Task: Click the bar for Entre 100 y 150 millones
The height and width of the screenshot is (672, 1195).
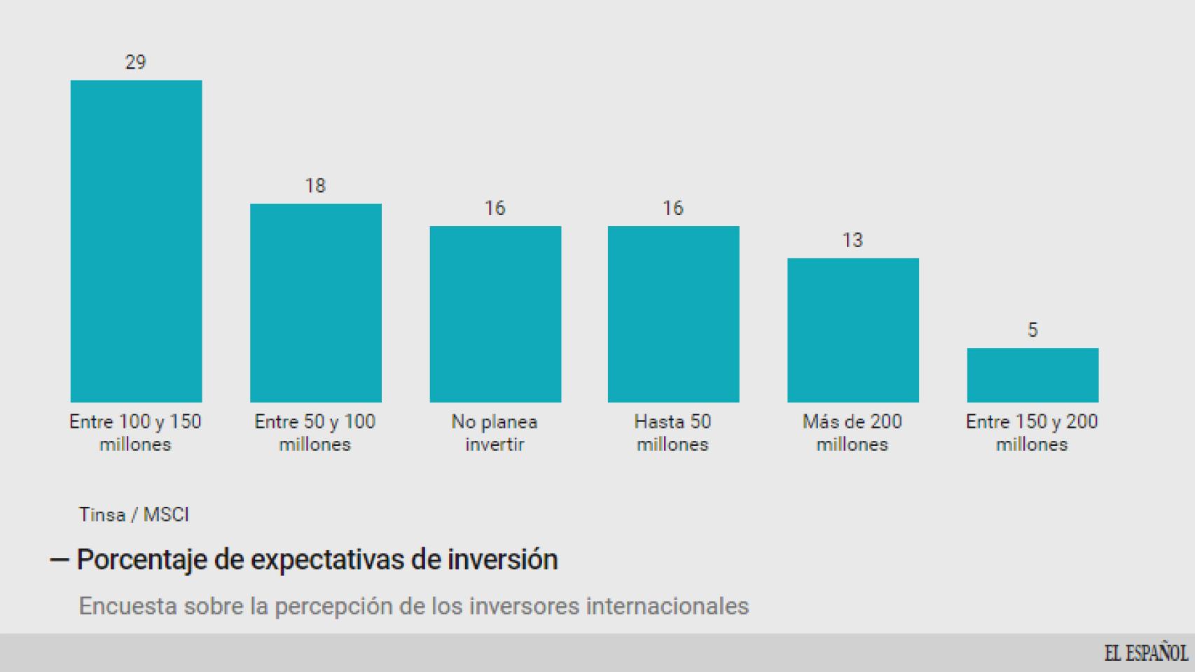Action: (136, 241)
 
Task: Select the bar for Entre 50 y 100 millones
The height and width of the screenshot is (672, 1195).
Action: (315, 302)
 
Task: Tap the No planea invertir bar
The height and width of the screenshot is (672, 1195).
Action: (495, 314)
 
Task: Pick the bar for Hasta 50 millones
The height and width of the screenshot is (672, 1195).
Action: (673, 314)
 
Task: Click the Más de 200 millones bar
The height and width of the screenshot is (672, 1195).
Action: (852, 330)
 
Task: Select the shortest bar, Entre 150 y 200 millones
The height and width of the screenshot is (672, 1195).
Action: (1032, 374)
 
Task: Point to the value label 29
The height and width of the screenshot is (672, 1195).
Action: (135, 62)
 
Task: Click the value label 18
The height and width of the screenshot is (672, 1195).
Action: (315, 185)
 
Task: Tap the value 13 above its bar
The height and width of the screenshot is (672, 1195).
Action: (852, 240)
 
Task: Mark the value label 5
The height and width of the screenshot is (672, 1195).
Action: (1032, 330)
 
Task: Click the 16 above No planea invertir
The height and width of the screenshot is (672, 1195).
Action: (495, 208)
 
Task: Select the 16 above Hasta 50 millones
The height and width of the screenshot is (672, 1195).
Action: (672, 208)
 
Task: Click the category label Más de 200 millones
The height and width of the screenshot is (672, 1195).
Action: (852, 433)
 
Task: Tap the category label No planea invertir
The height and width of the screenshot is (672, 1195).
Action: (495, 433)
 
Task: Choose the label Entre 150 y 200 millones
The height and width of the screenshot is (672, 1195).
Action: (1032, 433)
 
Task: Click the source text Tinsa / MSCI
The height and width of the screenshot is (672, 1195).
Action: (134, 514)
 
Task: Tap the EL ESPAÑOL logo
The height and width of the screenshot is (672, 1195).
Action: (1146, 653)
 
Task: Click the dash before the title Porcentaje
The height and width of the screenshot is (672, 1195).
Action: (59, 560)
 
